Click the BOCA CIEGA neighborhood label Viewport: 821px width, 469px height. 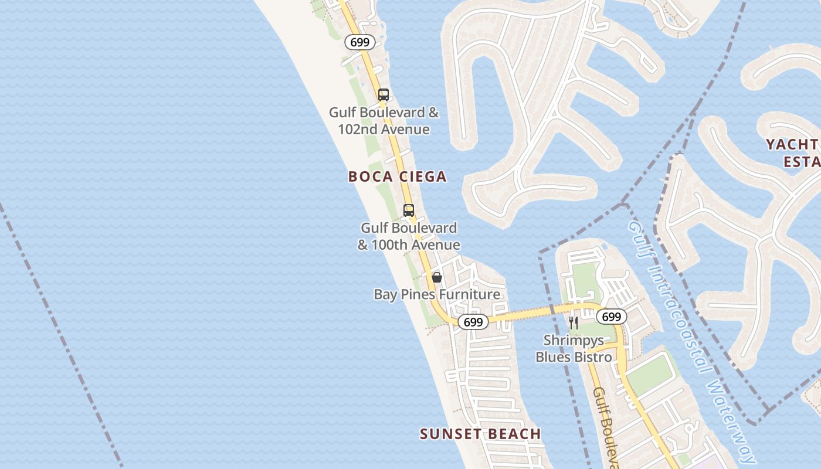click(x=397, y=176)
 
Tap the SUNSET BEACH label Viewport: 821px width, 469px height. click(x=480, y=434)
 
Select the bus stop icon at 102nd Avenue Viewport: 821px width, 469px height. click(x=384, y=95)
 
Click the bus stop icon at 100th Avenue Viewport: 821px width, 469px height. click(x=409, y=210)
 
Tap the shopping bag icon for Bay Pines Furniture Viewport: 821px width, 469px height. click(x=437, y=277)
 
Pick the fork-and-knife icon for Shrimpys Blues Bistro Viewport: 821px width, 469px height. click(x=574, y=322)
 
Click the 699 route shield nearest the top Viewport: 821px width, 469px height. click(x=359, y=42)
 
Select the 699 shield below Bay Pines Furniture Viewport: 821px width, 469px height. click(x=473, y=322)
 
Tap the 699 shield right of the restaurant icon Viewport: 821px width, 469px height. click(x=611, y=317)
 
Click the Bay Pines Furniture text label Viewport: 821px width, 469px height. click(x=437, y=294)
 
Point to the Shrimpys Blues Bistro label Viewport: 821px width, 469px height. click(x=574, y=348)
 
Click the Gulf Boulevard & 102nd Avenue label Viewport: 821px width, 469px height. click(x=384, y=121)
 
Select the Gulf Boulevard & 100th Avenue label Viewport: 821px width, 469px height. click(x=409, y=236)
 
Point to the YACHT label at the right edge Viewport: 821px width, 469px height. click(x=792, y=144)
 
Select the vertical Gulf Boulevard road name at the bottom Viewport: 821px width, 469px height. click(x=606, y=428)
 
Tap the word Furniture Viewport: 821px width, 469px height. click(x=470, y=294)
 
